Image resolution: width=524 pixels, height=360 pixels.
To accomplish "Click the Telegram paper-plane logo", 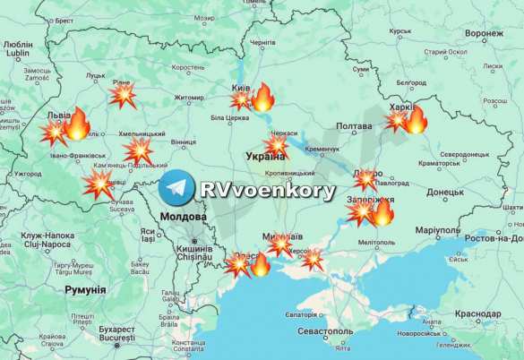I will point(176,190).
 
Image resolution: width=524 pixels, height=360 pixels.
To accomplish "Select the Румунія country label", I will point(85,289).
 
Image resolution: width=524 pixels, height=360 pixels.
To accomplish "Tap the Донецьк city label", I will point(445,192).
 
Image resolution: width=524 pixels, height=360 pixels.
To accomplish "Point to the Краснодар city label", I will point(477,313).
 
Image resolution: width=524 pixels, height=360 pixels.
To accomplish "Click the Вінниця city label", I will point(183,141).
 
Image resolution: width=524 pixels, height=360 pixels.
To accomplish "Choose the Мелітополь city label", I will point(376,243).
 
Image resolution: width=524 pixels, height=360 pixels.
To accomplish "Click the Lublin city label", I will point(18,53).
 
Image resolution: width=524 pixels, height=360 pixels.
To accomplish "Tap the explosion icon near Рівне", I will point(122,95).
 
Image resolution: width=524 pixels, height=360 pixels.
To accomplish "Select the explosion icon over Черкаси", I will point(276,145).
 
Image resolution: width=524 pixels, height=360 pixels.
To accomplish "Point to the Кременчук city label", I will point(322,149).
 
